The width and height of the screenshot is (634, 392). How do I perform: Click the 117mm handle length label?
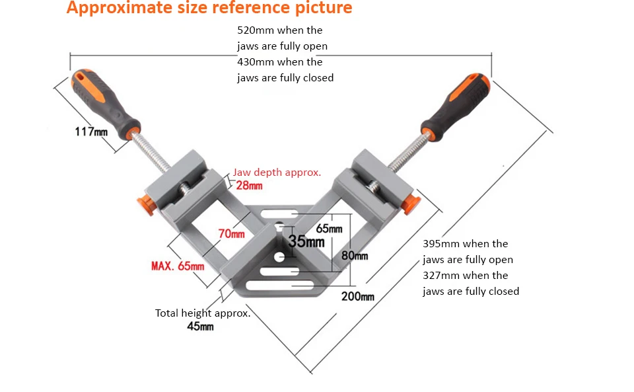(91, 132)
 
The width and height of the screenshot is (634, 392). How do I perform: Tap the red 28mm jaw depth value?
(249, 185)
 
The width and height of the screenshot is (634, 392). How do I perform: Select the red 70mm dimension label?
(231, 233)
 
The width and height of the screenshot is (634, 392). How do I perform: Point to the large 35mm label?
(306, 241)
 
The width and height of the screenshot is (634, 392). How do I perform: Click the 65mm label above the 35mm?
(329, 229)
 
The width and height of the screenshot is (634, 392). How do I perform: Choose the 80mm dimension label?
(355, 256)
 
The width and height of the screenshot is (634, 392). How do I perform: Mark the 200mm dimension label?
(357, 296)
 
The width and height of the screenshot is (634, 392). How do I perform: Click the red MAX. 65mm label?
(178, 266)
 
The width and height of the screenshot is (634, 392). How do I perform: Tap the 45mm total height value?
(200, 327)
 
